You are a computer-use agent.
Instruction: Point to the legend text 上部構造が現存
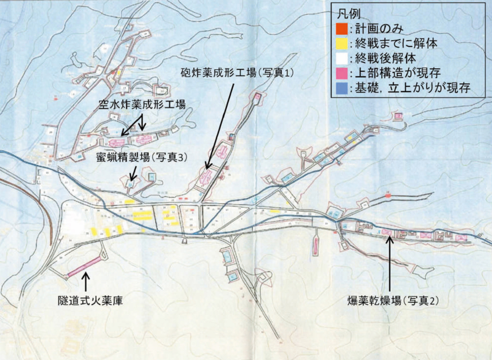click(x=399, y=74)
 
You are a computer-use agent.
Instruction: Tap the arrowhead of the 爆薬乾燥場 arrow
click(x=390, y=238)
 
